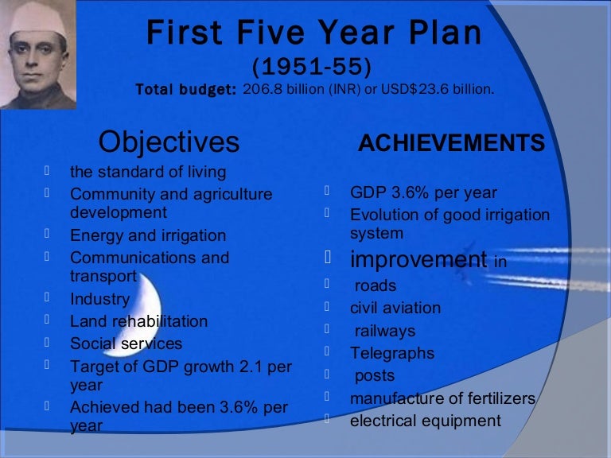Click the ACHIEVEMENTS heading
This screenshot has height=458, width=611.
[452, 144]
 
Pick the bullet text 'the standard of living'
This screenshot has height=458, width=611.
[148, 172]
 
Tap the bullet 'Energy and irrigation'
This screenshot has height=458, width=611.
[148, 236]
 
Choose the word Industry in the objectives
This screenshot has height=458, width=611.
[99, 300]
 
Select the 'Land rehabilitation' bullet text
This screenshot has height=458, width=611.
[138, 321]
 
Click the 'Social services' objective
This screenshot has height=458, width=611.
[126, 343]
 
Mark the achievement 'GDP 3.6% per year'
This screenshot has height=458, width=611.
[423, 193]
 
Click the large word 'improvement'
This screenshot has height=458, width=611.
[418, 259]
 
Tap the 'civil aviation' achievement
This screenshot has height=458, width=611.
[395, 308]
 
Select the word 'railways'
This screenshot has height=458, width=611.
[385, 331]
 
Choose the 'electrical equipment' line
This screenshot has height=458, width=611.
[426, 421]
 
